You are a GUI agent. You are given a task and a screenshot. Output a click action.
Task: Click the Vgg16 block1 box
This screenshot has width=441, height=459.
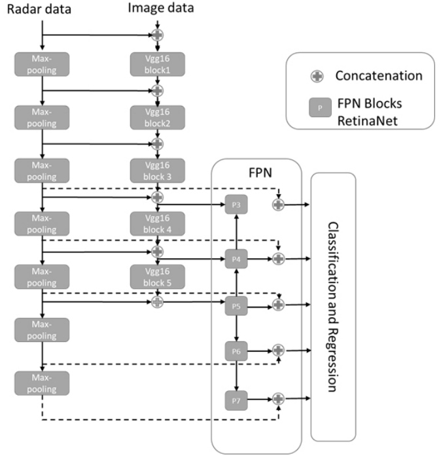tap(158, 63)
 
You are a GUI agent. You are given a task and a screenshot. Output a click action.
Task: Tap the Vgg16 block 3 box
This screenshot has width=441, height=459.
tap(158, 170)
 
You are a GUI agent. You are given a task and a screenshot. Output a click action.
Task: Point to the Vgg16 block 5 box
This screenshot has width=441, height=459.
tap(158, 277)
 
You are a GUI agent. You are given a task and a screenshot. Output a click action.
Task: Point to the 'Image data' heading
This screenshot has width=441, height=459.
tap(157, 9)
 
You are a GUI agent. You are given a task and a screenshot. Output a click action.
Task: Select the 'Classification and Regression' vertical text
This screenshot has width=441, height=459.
tap(333, 306)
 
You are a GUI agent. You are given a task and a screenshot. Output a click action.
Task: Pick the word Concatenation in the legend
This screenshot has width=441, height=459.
tap(378, 76)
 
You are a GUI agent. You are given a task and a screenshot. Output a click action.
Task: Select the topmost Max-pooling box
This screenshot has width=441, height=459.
tap(42, 63)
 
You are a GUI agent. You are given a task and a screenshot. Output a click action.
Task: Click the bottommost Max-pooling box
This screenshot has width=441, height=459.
tap(42, 382)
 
